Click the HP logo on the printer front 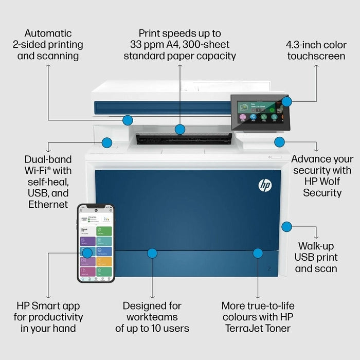coord(265,185)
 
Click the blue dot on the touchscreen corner coord(287,101)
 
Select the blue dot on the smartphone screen coord(87,253)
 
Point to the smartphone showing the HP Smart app coord(96,243)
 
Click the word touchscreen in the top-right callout coord(316,56)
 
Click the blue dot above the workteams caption coord(152,253)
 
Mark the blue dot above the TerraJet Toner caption coord(258,253)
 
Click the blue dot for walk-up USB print coord(287,226)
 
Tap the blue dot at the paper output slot coord(179,129)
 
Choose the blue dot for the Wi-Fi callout coord(107,142)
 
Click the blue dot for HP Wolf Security coord(279,142)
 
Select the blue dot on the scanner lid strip coord(128,120)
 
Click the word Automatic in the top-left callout coord(48,33)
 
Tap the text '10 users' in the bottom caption coord(171,328)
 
